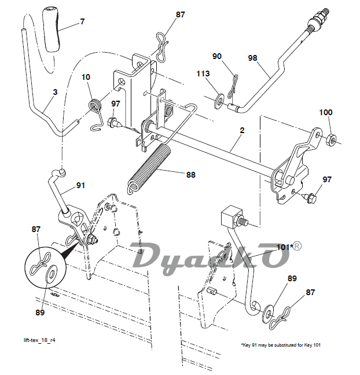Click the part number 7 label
pos(83,22)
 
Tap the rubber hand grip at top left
pos(52,30)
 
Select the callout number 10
pos(86,77)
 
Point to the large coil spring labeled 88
pos(149,168)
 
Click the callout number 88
pos(191,175)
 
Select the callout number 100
pos(326,112)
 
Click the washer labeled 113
pos(219,101)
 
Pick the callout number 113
pos(203,73)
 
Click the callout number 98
pos(252,58)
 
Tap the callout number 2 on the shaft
pos(242,130)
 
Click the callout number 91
pos(80,185)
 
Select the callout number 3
pos(55,92)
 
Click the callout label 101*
pos(285,247)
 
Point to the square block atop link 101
pos(232,216)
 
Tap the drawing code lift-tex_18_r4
pos(39,340)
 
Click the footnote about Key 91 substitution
pos(281,345)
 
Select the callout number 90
pos(217,56)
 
